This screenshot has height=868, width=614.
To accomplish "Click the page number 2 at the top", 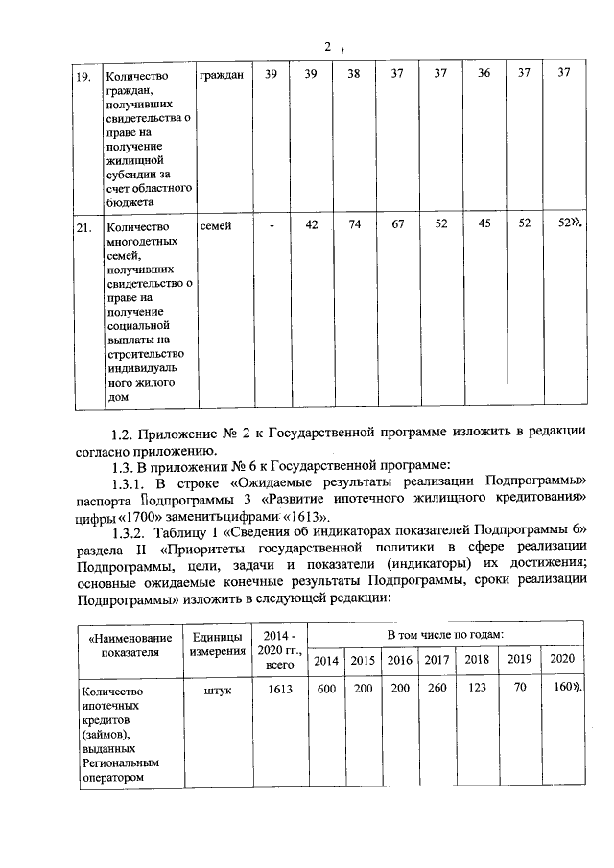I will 327,45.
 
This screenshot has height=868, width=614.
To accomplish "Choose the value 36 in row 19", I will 484,74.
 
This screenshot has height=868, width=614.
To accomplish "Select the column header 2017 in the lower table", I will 437,660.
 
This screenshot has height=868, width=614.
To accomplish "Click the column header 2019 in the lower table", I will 519,660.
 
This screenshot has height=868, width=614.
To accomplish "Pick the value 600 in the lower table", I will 326,688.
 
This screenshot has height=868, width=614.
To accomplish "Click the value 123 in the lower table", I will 477,688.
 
